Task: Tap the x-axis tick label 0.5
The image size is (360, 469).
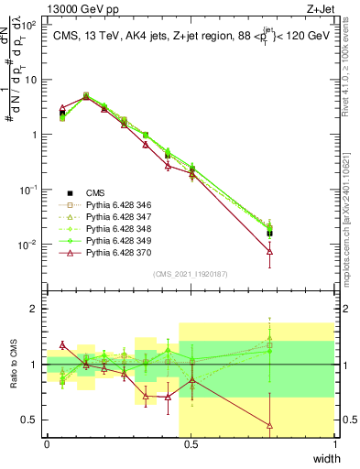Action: point(191,444)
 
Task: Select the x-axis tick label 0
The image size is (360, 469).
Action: point(47,444)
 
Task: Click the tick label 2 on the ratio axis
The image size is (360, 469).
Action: point(35,309)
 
